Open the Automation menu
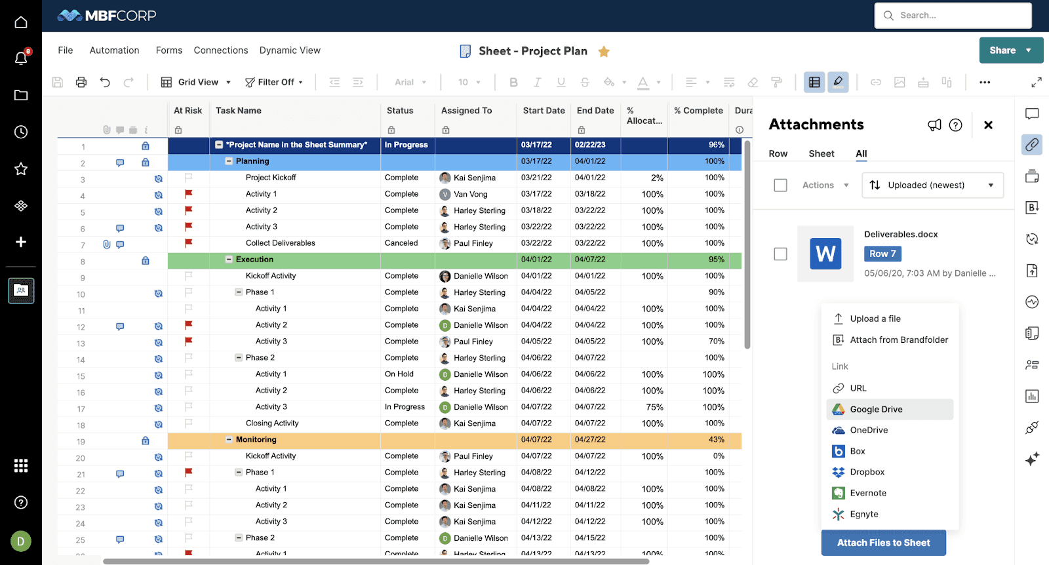114,50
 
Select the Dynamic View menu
290,50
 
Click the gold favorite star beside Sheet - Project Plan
604,51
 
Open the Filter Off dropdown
274,82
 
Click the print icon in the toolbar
81,82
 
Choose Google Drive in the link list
876,409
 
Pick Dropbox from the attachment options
867,472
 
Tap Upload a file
875,319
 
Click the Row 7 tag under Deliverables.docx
882,254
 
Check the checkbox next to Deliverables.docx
780,254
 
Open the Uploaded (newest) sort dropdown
932,185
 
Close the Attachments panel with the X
988,125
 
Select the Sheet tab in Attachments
821,153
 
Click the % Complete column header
698,111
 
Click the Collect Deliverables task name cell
280,243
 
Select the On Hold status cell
399,374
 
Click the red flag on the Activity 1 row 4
189,194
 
